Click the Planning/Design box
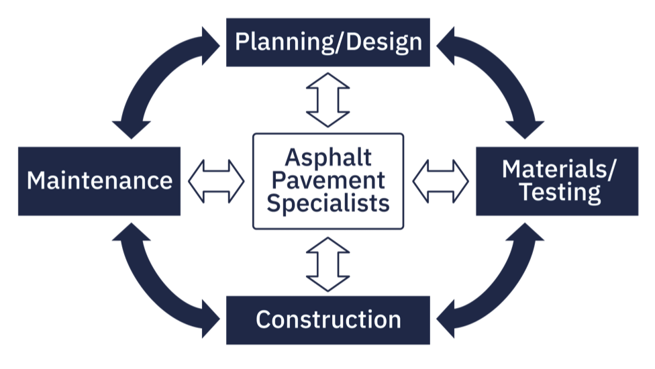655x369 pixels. coord(327,42)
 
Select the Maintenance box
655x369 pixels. coord(99,180)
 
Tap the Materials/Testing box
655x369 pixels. coord(557,180)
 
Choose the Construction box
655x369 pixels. coord(327,319)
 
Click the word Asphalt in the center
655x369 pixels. coord(327,158)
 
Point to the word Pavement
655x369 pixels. coord(327,180)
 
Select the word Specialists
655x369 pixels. coord(327,202)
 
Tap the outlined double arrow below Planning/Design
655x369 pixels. coord(327,99)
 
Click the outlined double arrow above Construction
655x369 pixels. coord(327,263)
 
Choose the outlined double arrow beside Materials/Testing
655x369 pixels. coord(440,180)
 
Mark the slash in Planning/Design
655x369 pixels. coord(342,42)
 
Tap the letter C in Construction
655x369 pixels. coord(263,319)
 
